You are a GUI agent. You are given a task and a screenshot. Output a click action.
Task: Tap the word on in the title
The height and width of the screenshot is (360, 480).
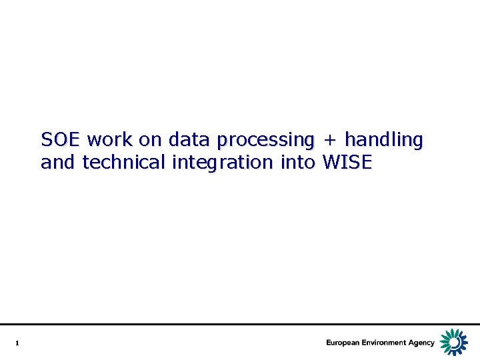[x=151, y=140]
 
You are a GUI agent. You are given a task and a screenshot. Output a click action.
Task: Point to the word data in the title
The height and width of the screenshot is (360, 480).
[x=190, y=140]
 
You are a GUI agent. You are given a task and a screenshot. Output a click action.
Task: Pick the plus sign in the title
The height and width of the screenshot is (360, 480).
[x=329, y=141]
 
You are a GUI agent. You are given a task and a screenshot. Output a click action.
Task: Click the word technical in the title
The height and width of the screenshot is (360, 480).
[x=124, y=162]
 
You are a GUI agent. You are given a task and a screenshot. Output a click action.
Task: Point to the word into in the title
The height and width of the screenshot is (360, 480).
[x=297, y=162]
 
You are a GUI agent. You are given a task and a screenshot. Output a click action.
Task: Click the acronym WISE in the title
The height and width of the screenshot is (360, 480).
[x=347, y=162]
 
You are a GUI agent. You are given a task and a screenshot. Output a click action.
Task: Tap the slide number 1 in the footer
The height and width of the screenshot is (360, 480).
[x=17, y=343]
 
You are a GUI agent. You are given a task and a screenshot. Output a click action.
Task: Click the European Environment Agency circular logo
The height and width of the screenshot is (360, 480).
[x=455, y=342]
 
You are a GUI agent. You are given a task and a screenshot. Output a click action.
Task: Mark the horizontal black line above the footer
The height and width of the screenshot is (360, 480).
[x=240, y=325]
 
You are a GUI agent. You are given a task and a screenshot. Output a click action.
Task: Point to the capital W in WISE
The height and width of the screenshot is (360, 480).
[x=331, y=162]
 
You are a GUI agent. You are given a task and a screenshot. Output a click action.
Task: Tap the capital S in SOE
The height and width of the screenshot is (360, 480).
[x=47, y=140]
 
